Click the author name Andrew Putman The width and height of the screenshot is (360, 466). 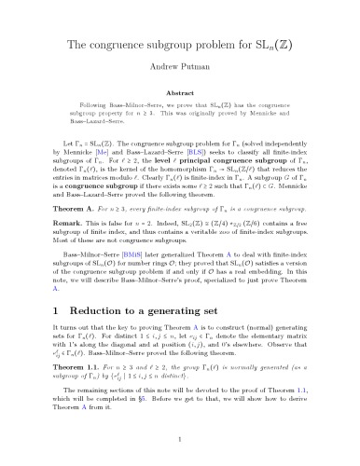click(x=180, y=66)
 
